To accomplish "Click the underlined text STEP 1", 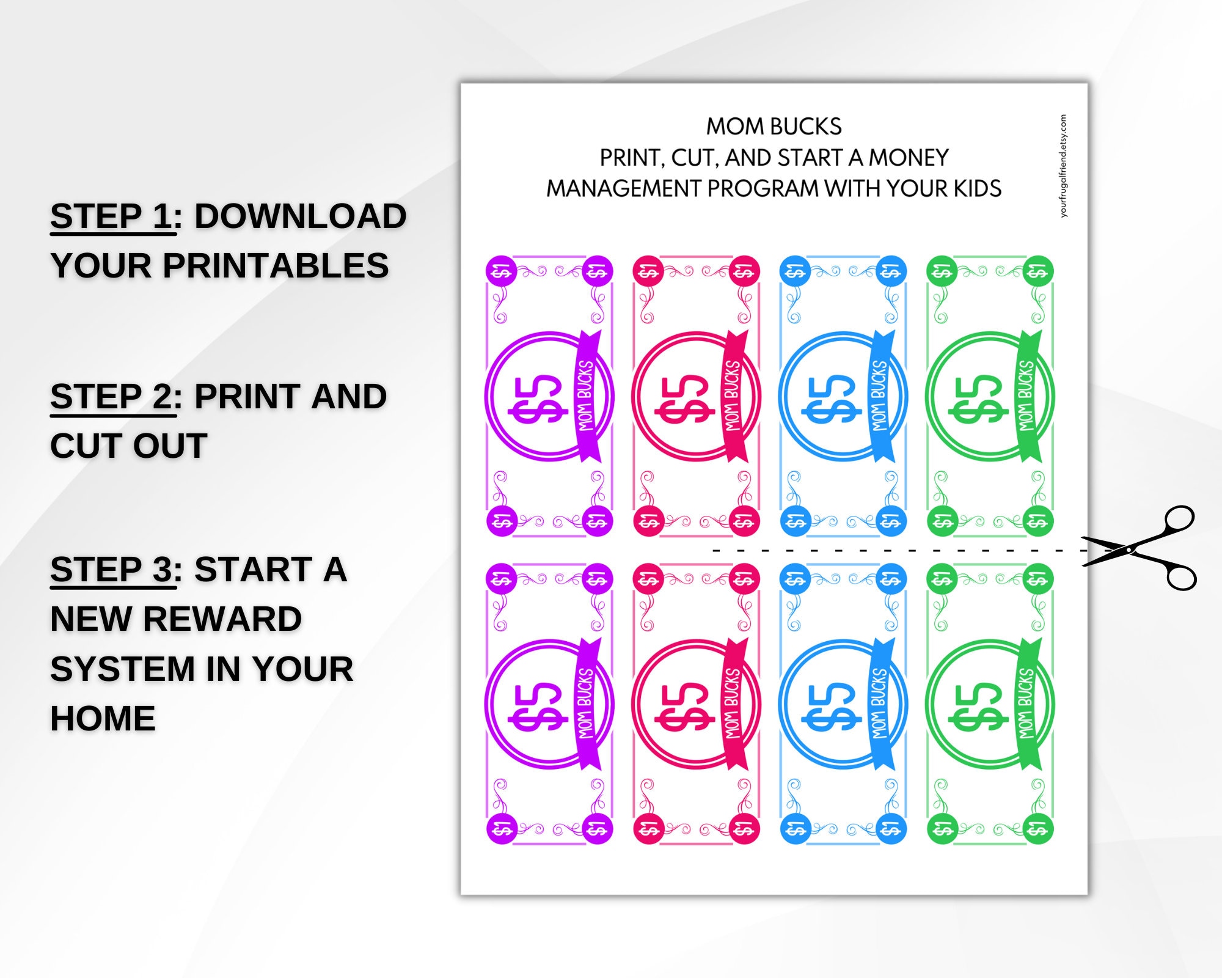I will [x=112, y=216].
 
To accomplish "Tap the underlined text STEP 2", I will [x=112, y=397].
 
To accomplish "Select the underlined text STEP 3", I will [x=112, y=570].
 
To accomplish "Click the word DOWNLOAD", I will [x=300, y=216].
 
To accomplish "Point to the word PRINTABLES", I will [x=275, y=266].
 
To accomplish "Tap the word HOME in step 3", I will [x=103, y=718].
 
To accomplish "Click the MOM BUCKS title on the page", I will [x=774, y=127].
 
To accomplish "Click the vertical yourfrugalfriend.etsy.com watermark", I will [x=1063, y=166].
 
